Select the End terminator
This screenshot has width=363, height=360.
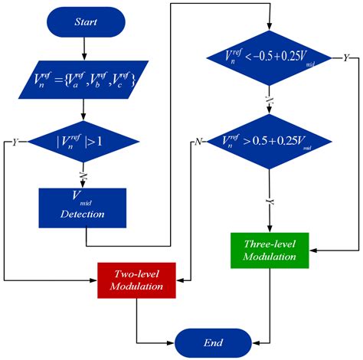212,342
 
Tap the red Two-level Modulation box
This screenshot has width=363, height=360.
138,280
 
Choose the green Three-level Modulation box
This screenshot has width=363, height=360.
270,250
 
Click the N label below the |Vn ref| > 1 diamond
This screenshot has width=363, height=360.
82,175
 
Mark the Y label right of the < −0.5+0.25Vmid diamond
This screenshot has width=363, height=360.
345,58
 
